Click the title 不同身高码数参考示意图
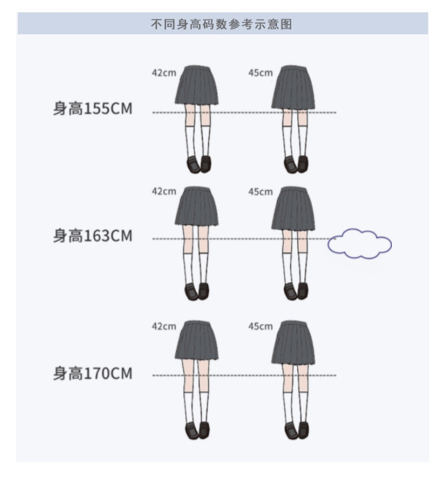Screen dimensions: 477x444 coord(222,25)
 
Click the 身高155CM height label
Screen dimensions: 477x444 coord(93,109)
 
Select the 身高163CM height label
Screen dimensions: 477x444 coord(93,236)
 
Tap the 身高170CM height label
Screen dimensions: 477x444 coord(93,374)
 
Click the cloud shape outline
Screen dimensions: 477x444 coord(360,244)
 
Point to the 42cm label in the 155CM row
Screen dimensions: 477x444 coord(164,73)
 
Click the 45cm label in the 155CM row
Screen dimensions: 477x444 coord(260,73)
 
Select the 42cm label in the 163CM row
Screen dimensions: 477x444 coord(164,192)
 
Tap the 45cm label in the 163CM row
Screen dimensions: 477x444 coord(260,192)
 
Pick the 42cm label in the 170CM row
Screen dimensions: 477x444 coord(164,326)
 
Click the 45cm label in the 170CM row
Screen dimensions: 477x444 coord(260,326)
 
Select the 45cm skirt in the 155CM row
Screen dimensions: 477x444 coord(294,89)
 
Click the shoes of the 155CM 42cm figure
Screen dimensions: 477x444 coord(198,164)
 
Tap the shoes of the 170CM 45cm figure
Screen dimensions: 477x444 coord(295,431)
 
